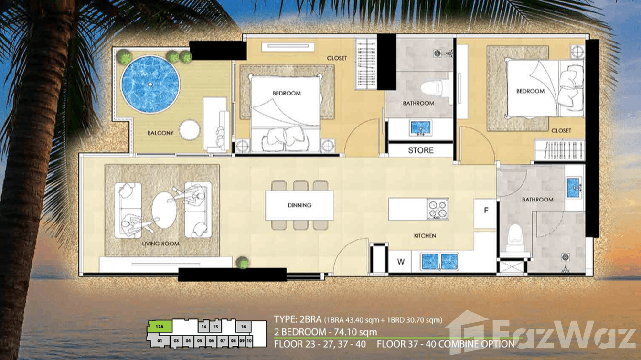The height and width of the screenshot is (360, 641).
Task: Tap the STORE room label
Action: point(421,150)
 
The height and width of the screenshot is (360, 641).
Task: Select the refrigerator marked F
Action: point(486,210)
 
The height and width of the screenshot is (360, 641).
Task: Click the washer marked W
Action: point(401,262)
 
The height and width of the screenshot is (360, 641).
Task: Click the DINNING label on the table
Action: point(299,205)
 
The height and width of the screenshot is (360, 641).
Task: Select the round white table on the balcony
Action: point(190,129)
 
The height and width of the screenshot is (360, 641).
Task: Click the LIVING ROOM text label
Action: point(160,244)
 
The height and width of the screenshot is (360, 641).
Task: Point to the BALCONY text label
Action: point(160,133)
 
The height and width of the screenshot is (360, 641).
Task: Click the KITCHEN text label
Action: point(425,236)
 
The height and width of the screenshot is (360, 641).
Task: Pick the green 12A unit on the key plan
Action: point(160,327)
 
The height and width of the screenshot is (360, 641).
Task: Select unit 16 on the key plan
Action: point(243,327)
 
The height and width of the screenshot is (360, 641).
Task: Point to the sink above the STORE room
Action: point(420,128)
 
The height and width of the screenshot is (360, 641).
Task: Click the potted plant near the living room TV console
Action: point(243,262)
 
